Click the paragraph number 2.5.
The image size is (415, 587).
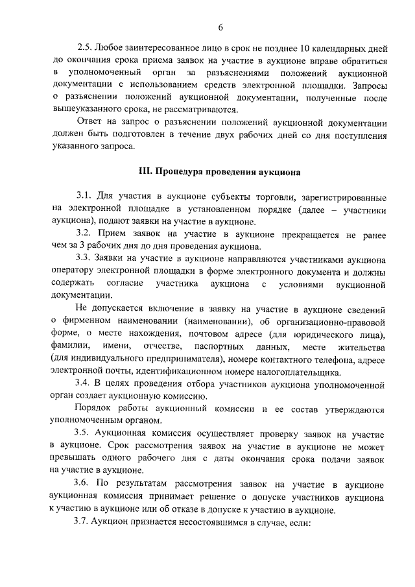(84, 48)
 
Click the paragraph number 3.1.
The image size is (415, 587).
(84, 197)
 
